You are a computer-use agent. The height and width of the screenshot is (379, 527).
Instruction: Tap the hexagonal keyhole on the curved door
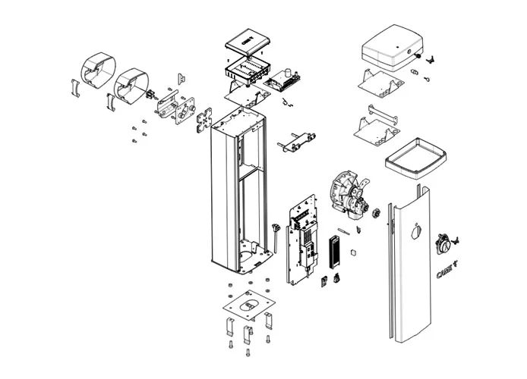pos(413,232)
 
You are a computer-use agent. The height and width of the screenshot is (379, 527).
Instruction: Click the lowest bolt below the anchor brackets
pos(247,353)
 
